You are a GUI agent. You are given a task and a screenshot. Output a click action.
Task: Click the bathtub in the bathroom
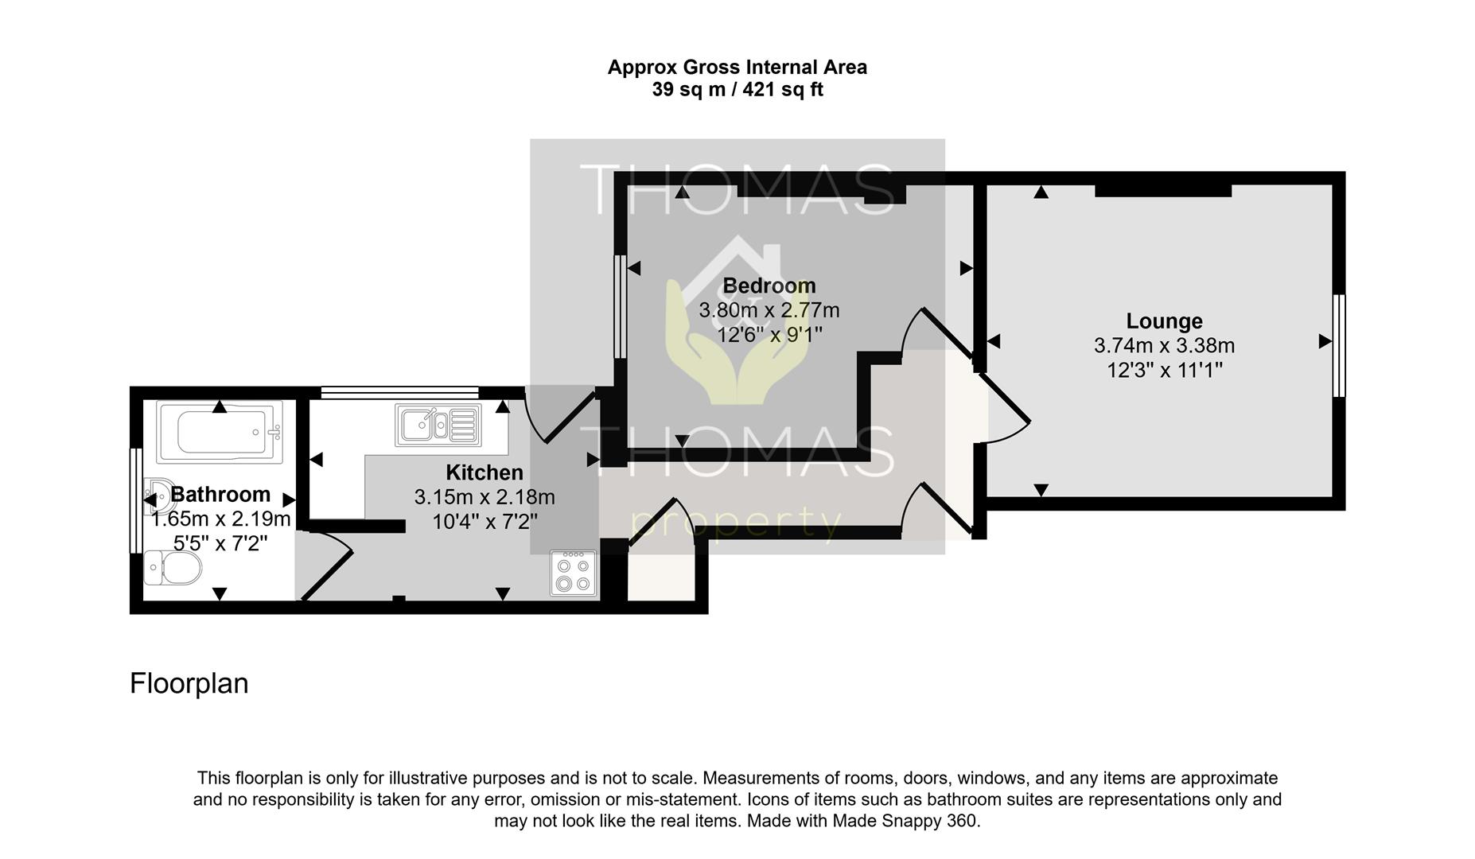(220, 433)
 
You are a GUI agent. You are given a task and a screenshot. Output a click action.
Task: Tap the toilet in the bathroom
(173, 569)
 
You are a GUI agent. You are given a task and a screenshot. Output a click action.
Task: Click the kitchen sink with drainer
(438, 424)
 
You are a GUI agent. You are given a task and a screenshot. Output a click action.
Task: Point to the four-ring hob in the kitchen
(574, 573)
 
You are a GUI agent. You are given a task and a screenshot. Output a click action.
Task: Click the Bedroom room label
(769, 286)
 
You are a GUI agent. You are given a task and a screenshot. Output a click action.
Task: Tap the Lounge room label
(1164, 321)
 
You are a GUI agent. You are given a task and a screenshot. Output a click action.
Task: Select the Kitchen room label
(485, 472)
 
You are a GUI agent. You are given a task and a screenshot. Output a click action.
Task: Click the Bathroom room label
(220, 495)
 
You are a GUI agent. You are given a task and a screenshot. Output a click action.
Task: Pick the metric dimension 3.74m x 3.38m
(1164, 346)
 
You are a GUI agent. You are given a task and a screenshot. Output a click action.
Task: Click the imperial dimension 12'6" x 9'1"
(769, 334)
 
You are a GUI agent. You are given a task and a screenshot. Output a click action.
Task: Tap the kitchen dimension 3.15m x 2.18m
(485, 497)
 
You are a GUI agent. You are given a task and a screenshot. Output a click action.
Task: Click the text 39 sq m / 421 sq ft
(737, 90)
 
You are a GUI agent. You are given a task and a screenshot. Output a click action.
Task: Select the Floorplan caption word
(189, 683)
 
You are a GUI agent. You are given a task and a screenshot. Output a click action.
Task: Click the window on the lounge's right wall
(1339, 345)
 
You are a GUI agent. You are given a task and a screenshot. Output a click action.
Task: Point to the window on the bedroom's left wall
(620, 306)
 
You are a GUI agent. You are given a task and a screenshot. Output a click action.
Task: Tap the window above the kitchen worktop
(399, 392)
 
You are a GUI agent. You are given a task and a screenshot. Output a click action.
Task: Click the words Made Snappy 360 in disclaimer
(905, 821)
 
